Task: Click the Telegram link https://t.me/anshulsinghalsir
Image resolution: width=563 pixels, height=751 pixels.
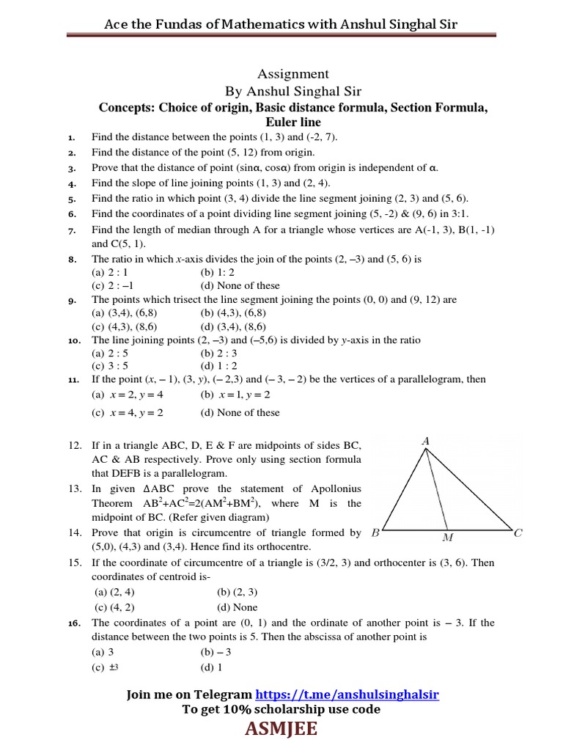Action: click(347, 694)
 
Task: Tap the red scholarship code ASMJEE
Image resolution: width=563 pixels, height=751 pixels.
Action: click(281, 730)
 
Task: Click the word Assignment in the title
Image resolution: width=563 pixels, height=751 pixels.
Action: click(293, 74)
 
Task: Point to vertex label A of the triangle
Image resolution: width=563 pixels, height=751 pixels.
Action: click(425, 441)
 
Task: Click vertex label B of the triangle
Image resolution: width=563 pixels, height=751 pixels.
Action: click(375, 533)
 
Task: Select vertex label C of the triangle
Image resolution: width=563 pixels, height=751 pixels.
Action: click(518, 533)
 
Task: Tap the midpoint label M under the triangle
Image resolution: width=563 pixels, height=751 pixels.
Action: click(448, 538)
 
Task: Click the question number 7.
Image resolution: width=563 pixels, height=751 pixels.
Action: click(72, 231)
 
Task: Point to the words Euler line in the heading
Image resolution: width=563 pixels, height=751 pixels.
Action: click(293, 122)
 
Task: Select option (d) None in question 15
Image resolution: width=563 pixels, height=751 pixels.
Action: click(238, 607)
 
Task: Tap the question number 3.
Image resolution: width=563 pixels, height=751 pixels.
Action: click(72, 168)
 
